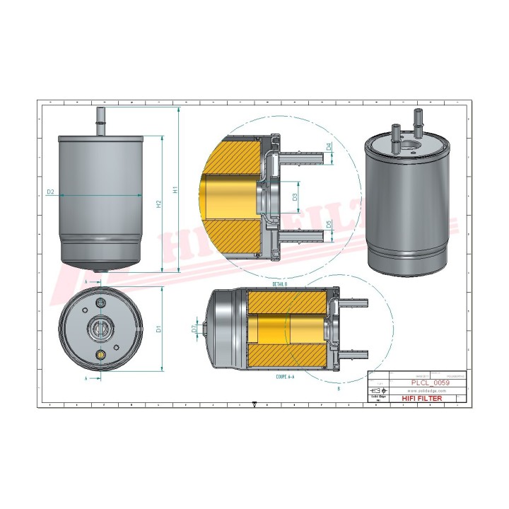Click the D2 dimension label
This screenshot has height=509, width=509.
(51, 192)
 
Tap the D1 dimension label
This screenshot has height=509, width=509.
(159, 329)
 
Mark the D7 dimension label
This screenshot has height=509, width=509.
(194, 328)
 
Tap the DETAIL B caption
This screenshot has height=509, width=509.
(280, 283)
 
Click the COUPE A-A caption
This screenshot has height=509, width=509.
(287, 378)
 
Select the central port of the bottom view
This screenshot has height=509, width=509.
(99, 329)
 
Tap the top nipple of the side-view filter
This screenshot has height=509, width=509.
(100, 119)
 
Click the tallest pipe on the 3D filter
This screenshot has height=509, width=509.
(417, 127)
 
